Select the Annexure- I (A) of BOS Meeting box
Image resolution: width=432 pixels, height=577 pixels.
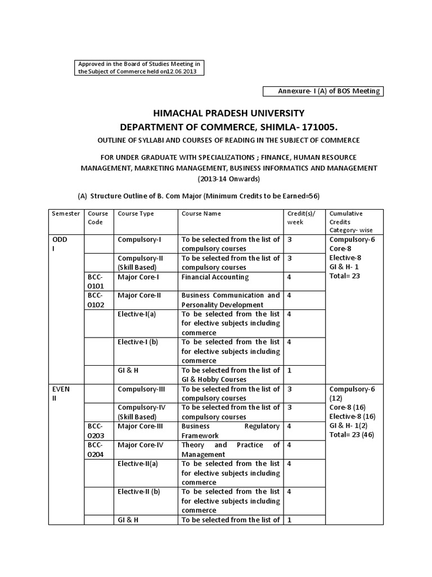pos(322,91)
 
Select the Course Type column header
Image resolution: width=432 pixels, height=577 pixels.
pos(136,214)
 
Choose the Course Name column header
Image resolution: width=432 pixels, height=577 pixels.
pos(201,214)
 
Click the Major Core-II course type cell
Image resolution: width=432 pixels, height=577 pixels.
pos(139,295)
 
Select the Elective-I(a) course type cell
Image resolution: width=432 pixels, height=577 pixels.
pos(137,314)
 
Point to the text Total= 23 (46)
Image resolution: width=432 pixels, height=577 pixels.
pos(352,434)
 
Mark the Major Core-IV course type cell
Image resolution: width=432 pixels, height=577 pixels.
pos(140,445)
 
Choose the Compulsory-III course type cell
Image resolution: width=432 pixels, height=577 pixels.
pos(140,389)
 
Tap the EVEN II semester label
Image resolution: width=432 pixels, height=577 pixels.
pos(61,394)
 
